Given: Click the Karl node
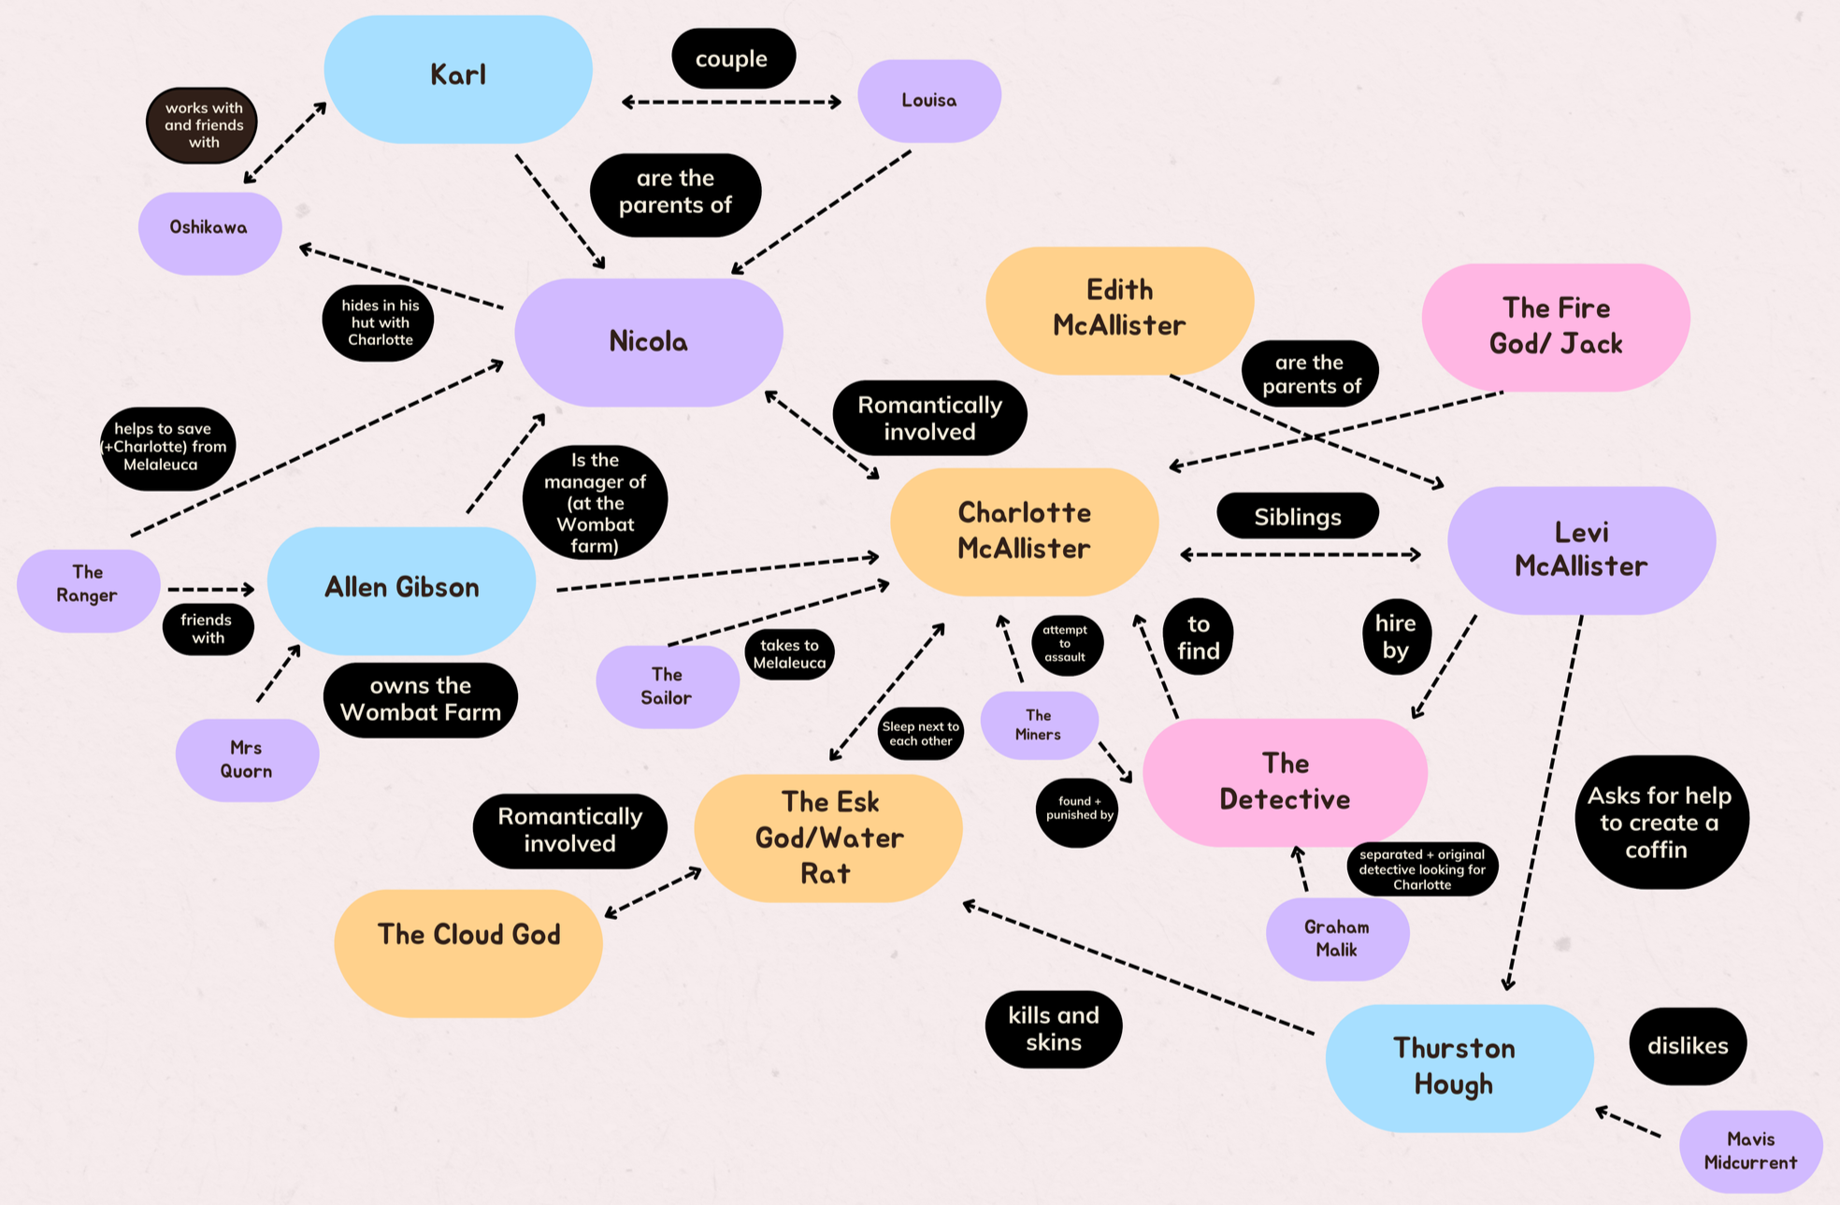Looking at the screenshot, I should point(458,77).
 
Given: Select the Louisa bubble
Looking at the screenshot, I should point(928,100).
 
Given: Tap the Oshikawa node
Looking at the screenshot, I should point(209,229).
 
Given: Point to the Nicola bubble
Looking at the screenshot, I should point(648,341).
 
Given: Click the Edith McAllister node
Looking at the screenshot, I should point(1119,308).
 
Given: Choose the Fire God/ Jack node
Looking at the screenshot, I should point(1556,326).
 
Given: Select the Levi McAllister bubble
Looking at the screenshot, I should point(1581,550).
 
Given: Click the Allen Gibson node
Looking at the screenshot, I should point(401,588).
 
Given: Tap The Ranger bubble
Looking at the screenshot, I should point(88,585).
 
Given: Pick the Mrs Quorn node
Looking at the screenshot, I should point(247,759).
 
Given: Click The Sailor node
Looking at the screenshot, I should point(667,686).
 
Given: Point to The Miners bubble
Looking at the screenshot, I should point(1038,724).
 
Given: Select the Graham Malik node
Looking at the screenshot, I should point(1337,939).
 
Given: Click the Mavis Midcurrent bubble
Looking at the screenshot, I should point(1750,1151).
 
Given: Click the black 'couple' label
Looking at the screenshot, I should point(733,59).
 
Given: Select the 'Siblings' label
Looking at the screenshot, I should point(1298,517).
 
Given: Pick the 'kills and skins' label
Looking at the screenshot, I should point(1054,1029).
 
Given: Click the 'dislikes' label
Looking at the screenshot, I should point(1688,1046).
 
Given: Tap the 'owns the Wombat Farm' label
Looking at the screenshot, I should point(421,699).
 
